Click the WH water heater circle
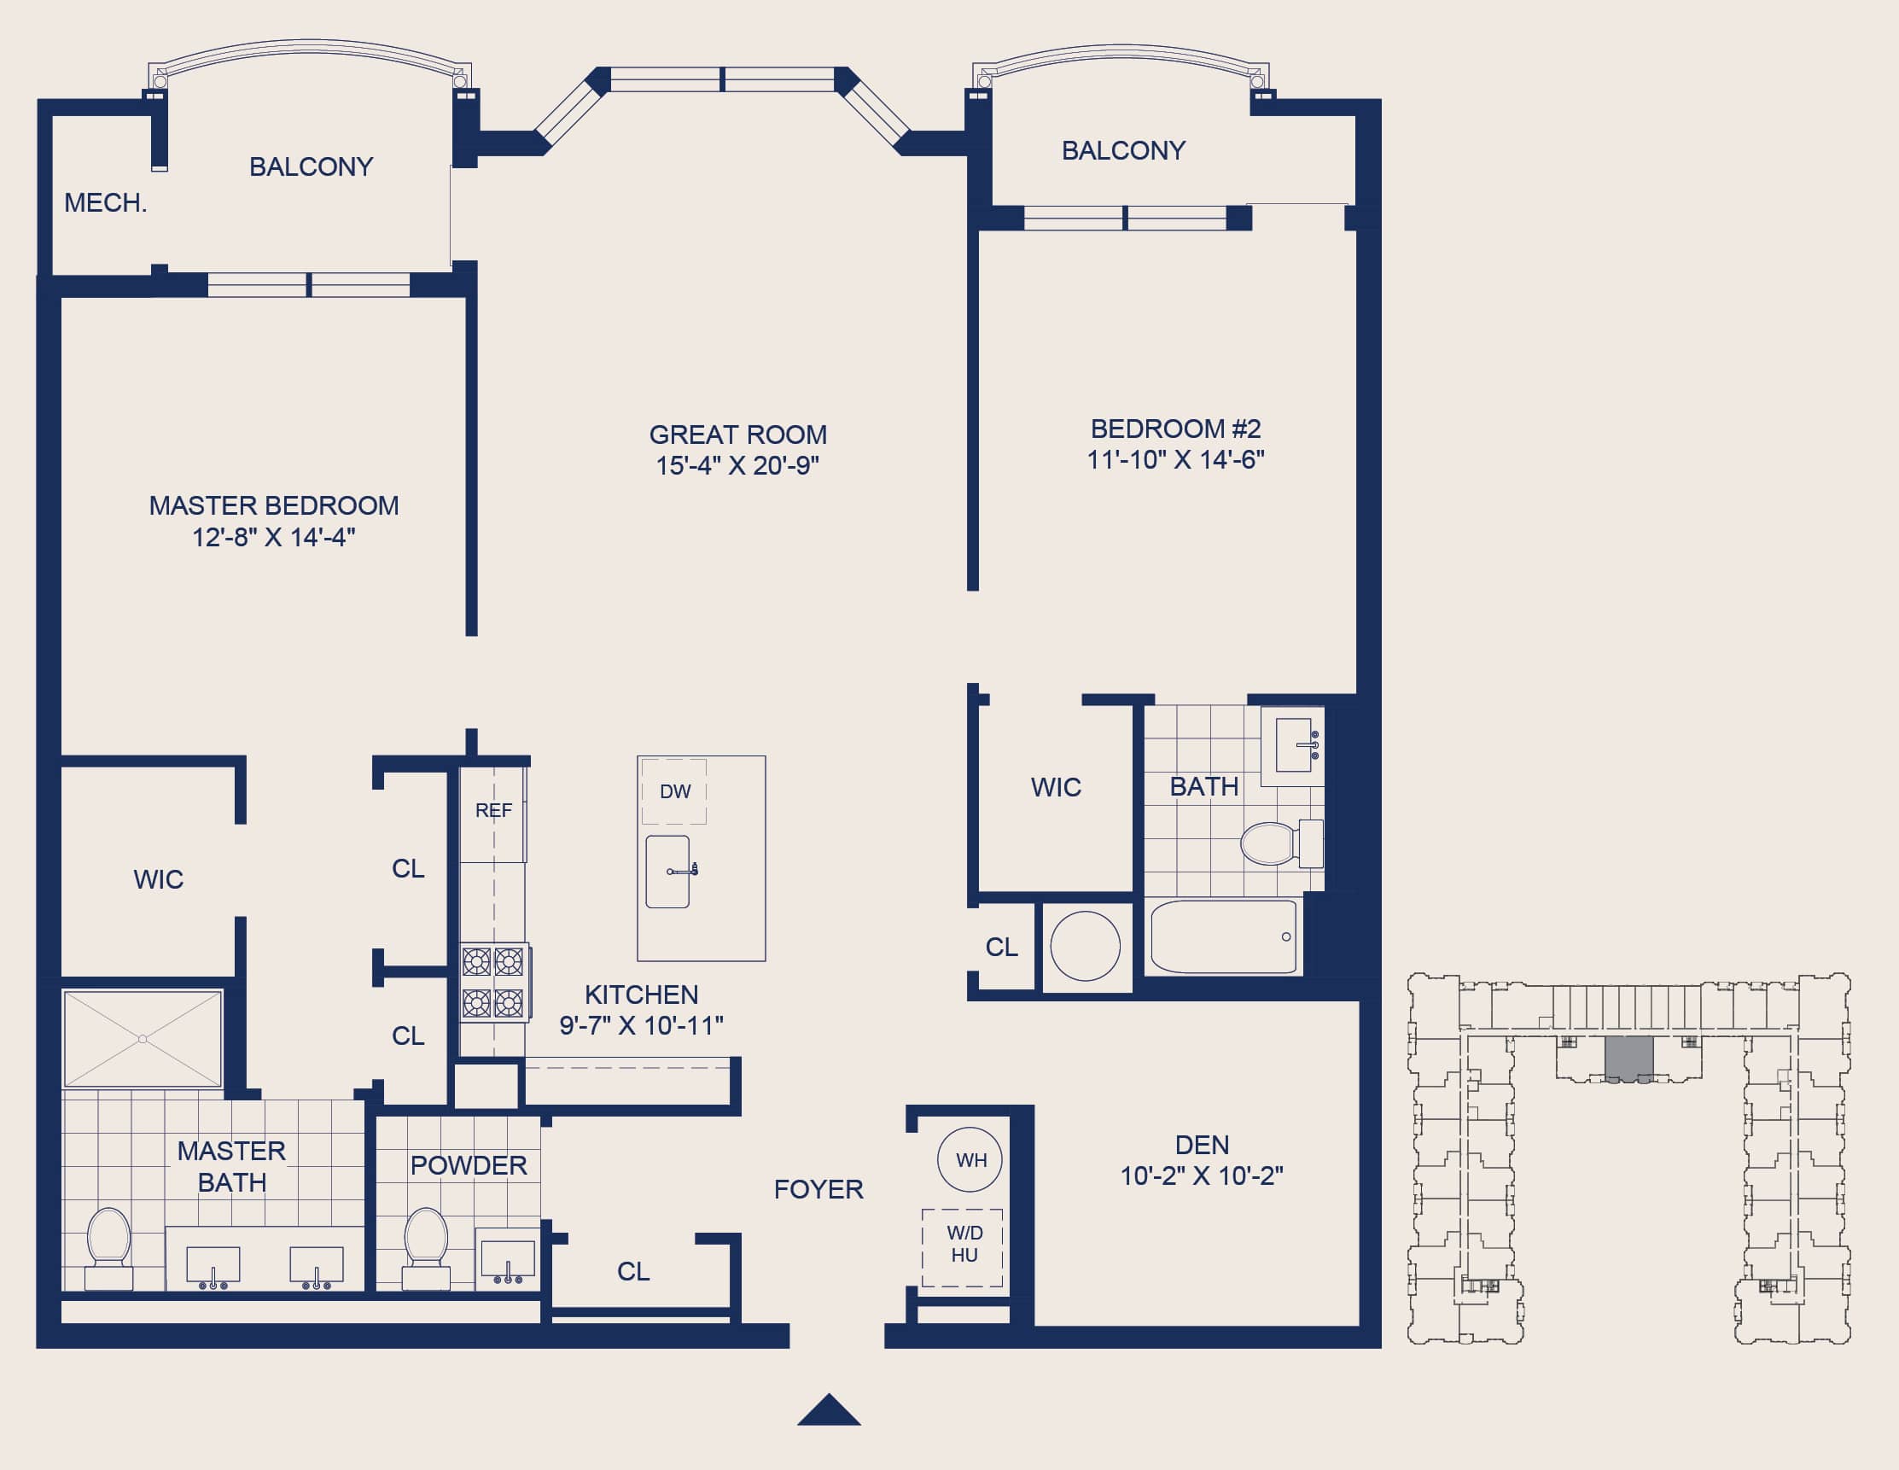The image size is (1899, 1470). (970, 1159)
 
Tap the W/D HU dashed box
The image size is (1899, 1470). (963, 1247)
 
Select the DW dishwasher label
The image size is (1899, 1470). (675, 791)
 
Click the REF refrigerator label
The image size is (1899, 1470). (493, 811)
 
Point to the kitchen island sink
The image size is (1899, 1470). (667, 872)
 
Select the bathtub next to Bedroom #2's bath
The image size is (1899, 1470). (1223, 936)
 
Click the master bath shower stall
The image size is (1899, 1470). (143, 1039)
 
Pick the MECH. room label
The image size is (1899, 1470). (105, 202)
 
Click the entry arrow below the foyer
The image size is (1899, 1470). (829, 1410)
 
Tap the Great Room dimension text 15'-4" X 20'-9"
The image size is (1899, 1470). (737, 465)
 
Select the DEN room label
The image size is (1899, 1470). (1202, 1145)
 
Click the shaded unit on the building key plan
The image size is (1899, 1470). (1628, 1058)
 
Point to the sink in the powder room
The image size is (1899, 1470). (508, 1261)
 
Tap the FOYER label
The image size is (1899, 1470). (818, 1189)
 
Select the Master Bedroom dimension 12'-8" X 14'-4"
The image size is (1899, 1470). (274, 538)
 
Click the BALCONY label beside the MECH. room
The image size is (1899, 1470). (312, 166)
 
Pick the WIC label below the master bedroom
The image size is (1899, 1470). (158, 879)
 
